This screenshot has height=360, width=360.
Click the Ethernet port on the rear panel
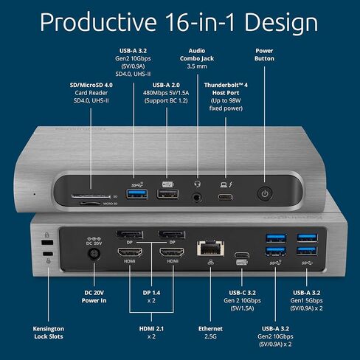(x=202, y=247)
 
